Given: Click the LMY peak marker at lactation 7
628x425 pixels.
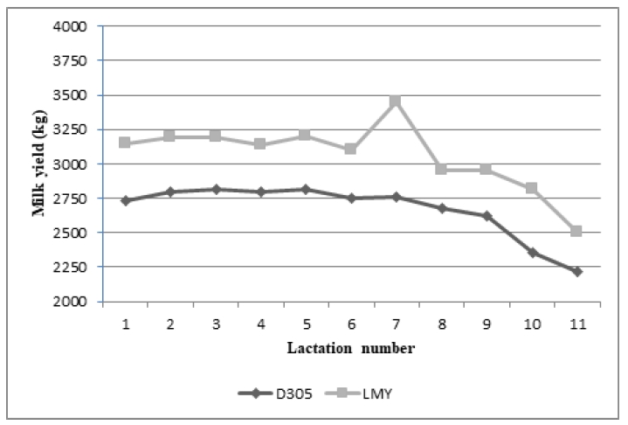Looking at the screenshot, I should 395,101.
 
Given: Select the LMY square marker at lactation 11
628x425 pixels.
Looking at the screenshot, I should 576,231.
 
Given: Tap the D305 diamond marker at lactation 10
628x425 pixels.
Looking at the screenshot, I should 531,253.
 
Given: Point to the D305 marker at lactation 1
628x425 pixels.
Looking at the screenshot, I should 126,200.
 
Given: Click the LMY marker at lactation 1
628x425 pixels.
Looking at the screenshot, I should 126,143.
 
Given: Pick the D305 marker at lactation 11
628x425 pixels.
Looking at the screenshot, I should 576,272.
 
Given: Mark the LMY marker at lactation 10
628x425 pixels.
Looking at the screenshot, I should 531,188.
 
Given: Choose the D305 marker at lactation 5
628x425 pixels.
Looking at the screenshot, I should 306,189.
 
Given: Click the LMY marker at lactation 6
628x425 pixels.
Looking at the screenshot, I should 350,149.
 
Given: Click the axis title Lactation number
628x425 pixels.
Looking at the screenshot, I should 351,348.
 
